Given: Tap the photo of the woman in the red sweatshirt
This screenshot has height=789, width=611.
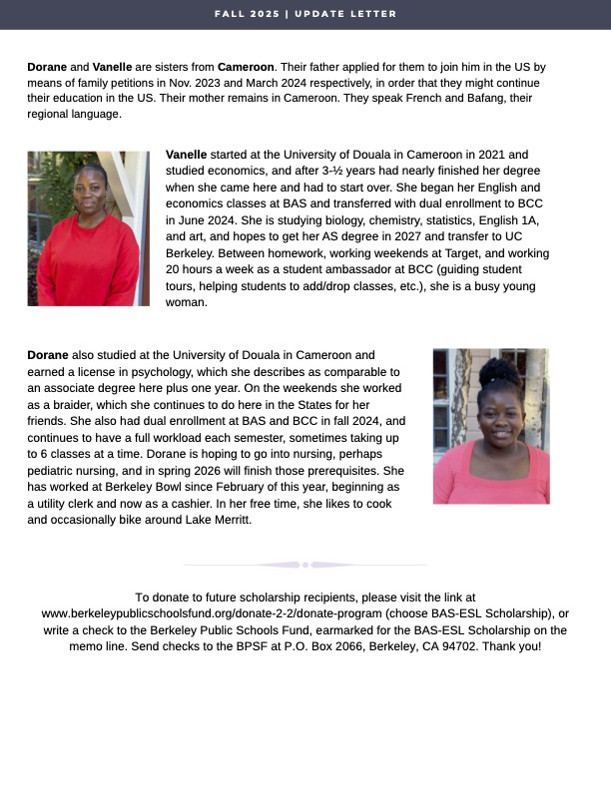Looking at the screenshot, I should (x=88, y=228).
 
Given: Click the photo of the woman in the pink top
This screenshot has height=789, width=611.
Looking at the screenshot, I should (x=490, y=426).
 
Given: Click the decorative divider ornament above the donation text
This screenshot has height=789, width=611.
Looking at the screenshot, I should (x=305, y=566).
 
